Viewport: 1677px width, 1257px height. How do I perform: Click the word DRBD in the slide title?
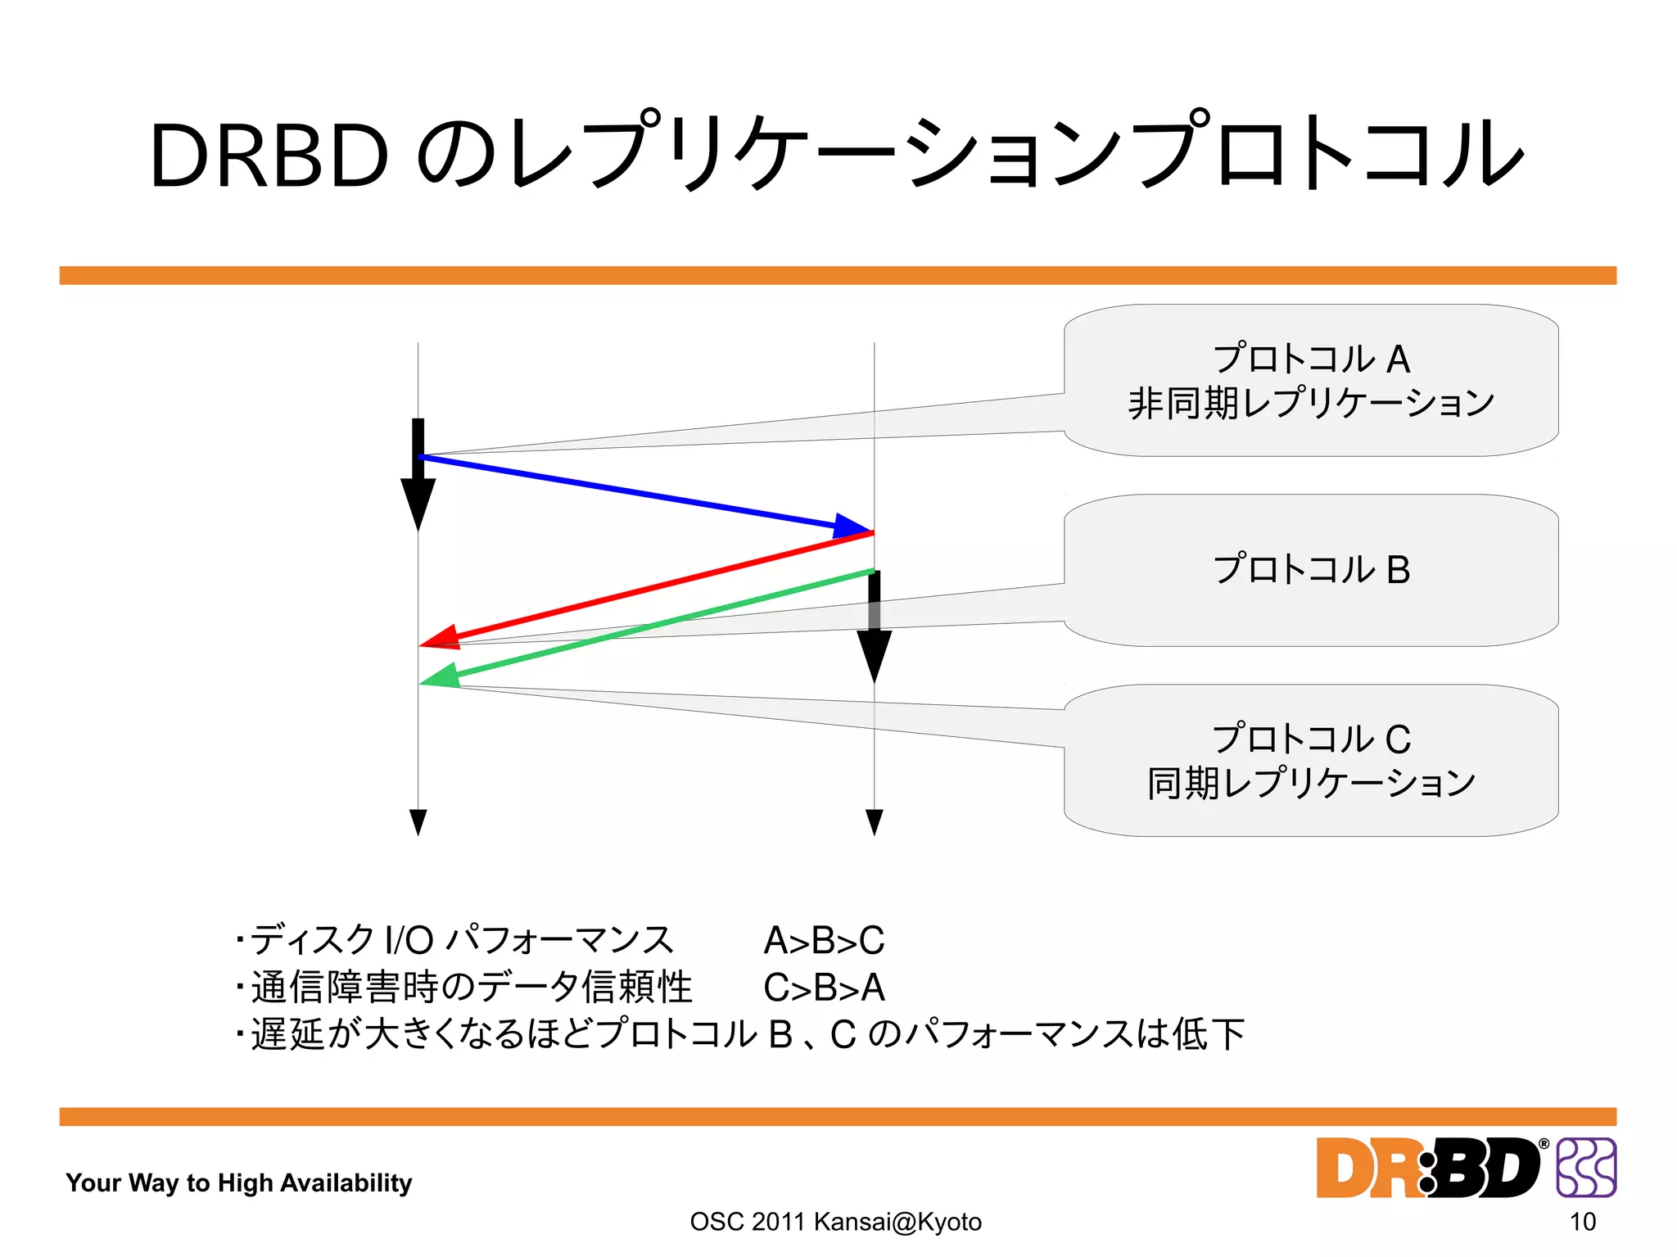click(269, 156)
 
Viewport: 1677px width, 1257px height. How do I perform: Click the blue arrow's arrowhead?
click(852, 527)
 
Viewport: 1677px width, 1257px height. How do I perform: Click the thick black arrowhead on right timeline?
click(874, 653)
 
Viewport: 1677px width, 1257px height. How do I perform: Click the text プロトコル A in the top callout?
click(1311, 359)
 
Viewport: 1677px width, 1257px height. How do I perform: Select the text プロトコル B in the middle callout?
click(1311, 569)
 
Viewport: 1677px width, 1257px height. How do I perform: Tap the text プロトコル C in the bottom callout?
click(1311, 739)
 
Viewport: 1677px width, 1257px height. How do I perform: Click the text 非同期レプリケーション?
click(1311, 403)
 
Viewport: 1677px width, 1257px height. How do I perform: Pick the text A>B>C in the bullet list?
click(824, 940)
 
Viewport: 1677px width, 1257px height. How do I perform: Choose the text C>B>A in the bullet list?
click(824, 988)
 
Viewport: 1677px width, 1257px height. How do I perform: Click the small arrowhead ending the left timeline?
click(418, 821)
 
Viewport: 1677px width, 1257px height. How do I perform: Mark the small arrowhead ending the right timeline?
click(874, 821)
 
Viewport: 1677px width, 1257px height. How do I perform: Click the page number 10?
click(1582, 1222)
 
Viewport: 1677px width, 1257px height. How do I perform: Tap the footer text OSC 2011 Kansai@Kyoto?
click(835, 1222)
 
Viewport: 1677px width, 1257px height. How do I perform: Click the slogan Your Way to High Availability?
click(238, 1182)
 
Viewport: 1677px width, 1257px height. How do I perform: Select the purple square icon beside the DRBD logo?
click(1586, 1167)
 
